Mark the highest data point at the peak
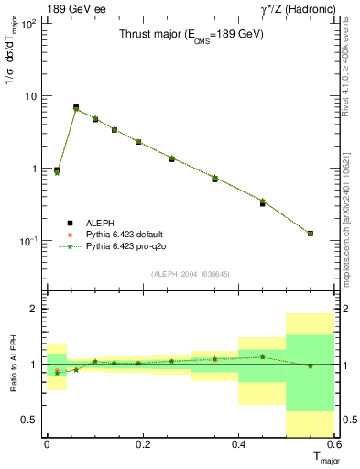76,108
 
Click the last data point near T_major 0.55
311,234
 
